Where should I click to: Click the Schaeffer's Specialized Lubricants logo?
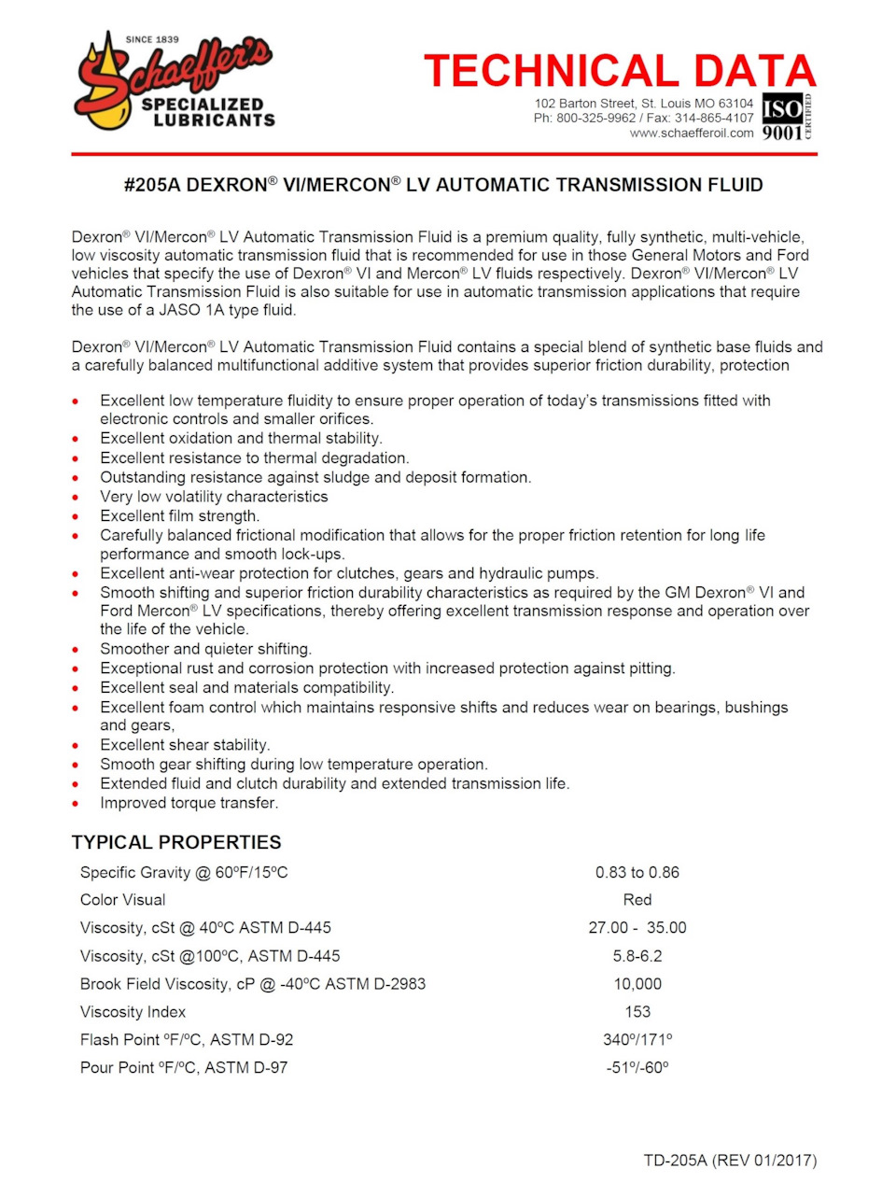(x=174, y=82)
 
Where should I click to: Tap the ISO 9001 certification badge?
(x=787, y=117)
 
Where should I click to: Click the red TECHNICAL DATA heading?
(x=620, y=71)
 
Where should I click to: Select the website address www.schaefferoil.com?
(x=692, y=133)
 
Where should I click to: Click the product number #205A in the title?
(x=152, y=185)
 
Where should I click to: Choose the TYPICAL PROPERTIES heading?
(x=176, y=842)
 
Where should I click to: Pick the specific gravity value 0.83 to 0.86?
(x=637, y=872)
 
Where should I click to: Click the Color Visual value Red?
(x=637, y=900)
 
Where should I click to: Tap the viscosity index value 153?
(x=637, y=1012)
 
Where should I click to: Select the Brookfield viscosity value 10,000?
(x=637, y=984)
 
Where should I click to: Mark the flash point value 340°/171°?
(x=637, y=1040)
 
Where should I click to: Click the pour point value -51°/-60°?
(x=637, y=1068)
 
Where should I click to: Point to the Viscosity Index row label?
(x=133, y=1012)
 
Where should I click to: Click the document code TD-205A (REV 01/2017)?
(x=730, y=1161)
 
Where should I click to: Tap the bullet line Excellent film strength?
(x=180, y=515)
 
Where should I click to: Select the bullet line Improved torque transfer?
(x=189, y=803)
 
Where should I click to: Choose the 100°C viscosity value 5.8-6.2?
(x=637, y=956)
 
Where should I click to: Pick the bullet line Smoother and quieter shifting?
(x=206, y=649)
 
